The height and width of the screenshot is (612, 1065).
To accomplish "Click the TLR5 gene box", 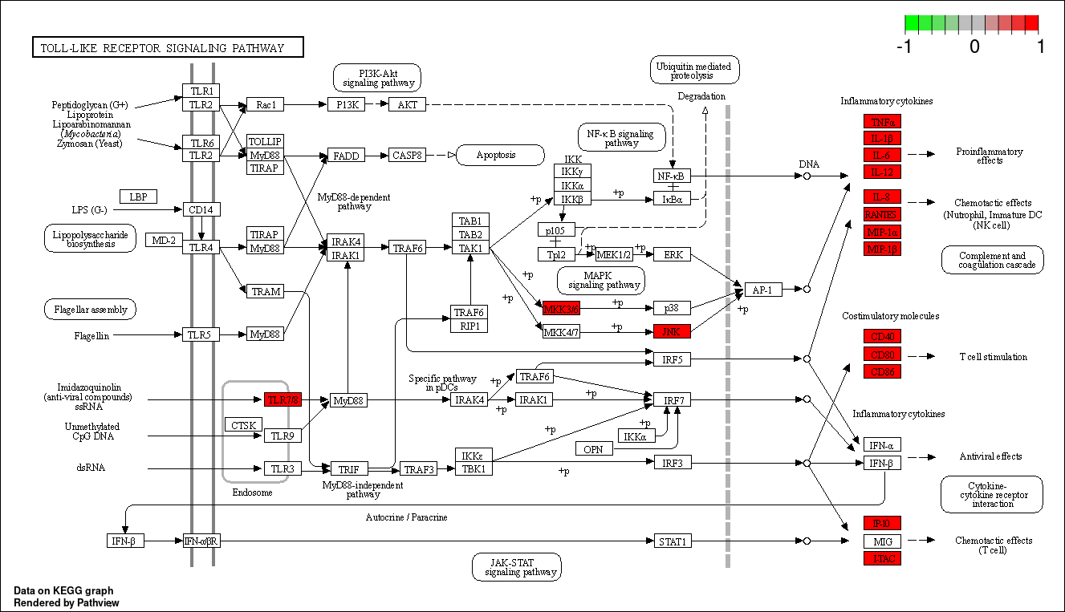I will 201,334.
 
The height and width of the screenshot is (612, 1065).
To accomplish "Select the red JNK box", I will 672,331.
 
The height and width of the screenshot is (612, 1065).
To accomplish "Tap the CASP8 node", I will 407,155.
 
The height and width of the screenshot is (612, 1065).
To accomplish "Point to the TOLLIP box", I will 265,141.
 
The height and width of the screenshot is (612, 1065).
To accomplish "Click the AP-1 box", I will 763,290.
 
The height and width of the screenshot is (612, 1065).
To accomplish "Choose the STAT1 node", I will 672,541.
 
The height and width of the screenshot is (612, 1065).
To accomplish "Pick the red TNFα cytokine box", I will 882,122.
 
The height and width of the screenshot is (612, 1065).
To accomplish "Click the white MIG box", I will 882,541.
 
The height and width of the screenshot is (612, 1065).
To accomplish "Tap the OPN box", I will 593,449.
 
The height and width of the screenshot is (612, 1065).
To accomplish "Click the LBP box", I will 138,197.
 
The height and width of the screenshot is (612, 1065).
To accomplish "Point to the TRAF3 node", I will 418,469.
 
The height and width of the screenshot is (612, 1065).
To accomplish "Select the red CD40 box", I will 882,336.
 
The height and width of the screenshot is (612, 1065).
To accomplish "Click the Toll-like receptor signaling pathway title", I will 168,48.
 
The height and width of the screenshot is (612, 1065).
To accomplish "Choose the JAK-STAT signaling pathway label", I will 516,567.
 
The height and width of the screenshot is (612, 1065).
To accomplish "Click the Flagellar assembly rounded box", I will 91,309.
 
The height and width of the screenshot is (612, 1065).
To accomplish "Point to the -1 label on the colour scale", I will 904,47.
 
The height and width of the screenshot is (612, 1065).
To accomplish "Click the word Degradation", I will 701,96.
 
